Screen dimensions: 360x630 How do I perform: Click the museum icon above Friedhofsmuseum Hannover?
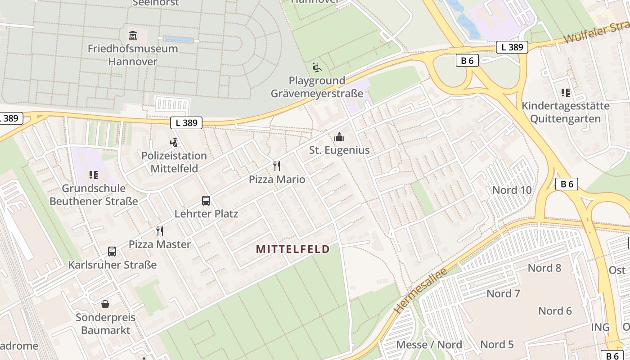click(x=133, y=35)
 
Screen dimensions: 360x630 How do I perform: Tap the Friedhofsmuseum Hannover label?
click(x=133, y=55)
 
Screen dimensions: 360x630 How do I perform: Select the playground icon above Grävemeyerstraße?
click(x=317, y=68)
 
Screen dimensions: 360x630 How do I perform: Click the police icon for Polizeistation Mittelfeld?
click(x=174, y=143)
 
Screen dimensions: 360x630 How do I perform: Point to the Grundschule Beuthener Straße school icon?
click(x=94, y=175)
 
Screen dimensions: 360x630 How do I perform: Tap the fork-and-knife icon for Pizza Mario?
click(x=277, y=166)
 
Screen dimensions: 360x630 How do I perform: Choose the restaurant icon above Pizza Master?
click(x=160, y=231)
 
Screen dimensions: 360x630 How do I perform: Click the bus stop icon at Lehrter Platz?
click(x=206, y=201)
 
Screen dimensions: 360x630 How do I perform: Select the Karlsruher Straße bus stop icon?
click(x=112, y=252)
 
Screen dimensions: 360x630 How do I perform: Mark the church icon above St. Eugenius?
click(x=339, y=137)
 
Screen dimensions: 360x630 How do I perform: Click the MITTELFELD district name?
click(x=292, y=249)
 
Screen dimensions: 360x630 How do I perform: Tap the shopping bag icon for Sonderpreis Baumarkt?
click(x=105, y=305)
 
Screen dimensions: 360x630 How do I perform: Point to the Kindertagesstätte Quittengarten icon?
click(x=566, y=93)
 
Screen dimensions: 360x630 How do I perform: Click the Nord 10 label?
click(x=512, y=190)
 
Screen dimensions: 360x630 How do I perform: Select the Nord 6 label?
click(x=555, y=311)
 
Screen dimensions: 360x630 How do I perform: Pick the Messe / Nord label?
click(x=429, y=345)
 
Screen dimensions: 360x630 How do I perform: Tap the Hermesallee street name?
click(x=420, y=291)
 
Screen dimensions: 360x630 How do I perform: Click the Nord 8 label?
click(x=544, y=268)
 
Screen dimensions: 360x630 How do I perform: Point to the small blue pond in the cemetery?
click(x=179, y=40)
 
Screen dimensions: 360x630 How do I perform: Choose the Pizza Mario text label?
click(x=277, y=180)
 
